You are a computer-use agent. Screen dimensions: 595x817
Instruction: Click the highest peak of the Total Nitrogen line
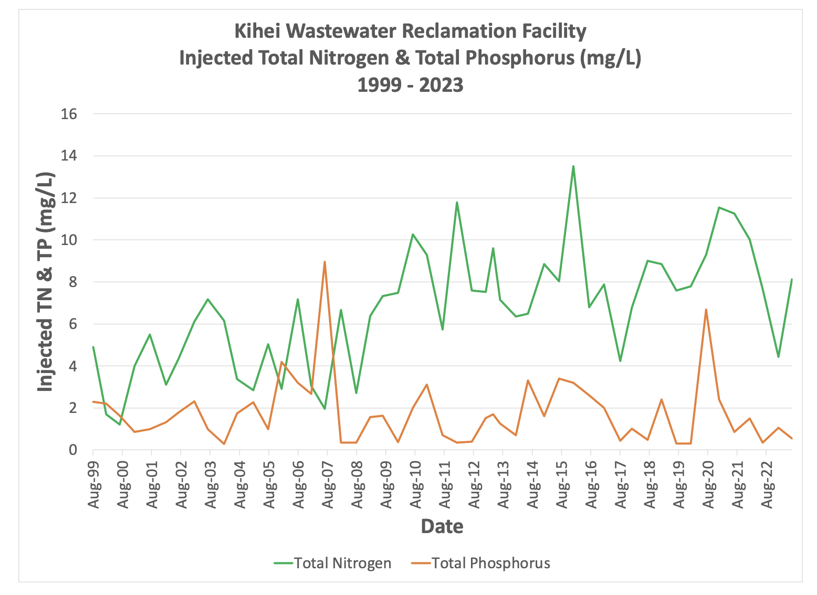click(573, 166)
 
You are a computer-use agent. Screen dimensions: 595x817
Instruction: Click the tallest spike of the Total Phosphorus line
click(325, 262)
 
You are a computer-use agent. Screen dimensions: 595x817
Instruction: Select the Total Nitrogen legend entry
click(342, 563)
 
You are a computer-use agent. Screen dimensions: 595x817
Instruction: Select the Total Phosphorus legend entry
click(490, 563)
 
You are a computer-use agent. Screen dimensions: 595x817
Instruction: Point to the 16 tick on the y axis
click(69, 114)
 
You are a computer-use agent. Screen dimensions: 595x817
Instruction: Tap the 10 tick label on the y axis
click(69, 240)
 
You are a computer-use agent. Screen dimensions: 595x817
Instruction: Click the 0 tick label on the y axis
click(73, 450)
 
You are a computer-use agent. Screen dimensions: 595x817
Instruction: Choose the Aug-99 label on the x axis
click(93, 485)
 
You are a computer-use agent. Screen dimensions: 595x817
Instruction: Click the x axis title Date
click(442, 526)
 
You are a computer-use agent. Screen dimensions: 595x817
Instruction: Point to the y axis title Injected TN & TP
click(46, 282)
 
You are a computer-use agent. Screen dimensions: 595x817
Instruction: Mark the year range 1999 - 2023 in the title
click(411, 84)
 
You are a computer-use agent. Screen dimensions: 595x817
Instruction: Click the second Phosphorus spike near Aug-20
click(706, 310)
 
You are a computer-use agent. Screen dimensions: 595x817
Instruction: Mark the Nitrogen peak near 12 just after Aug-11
click(457, 202)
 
